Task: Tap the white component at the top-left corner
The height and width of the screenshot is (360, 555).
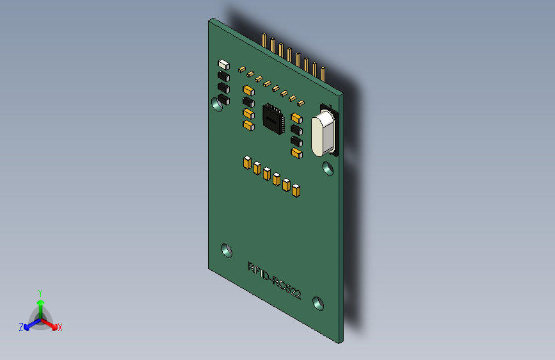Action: tap(223, 64)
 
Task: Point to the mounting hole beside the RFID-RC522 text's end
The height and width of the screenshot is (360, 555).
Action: tap(318, 302)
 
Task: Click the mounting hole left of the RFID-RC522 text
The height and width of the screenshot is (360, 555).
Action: tap(227, 250)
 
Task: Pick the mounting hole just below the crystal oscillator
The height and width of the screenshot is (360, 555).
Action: tap(328, 168)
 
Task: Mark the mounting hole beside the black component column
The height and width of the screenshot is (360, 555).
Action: tap(218, 104)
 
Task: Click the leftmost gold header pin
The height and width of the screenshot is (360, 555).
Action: tap(264, 40)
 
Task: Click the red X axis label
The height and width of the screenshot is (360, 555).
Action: tap(60, 327)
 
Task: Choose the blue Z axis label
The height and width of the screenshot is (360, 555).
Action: tap(21, 327)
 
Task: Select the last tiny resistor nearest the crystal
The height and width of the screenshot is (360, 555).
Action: tap(300, 102)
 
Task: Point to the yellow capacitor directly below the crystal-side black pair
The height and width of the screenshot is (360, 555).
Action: tap(295, 152)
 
